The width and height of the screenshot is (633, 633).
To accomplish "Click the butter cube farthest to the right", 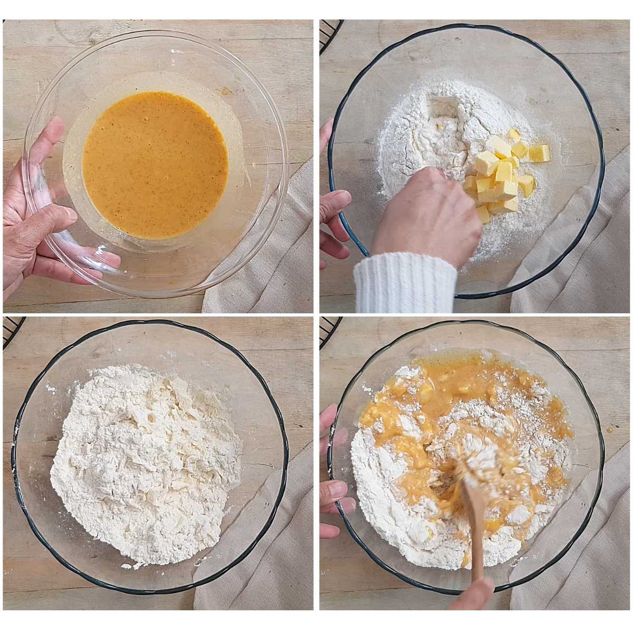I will [539, 153].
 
